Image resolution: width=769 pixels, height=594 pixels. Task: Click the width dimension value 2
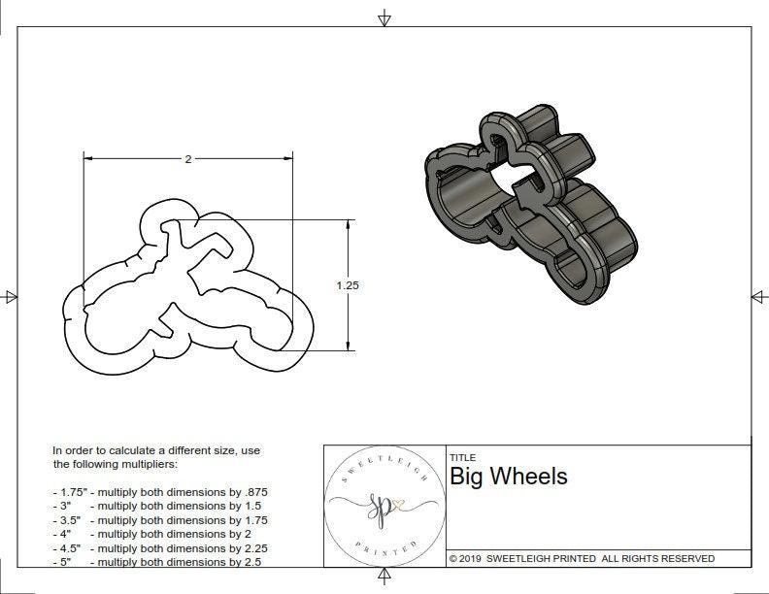click(x=187, y=159)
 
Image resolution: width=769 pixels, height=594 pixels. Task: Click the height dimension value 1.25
click(x=348, y=285)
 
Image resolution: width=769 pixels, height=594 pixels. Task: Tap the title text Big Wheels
click(x=508, y=477)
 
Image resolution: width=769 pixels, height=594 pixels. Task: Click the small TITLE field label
click(x=462, y=457)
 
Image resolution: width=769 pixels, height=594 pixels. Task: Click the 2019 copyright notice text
click(x=582, y=558)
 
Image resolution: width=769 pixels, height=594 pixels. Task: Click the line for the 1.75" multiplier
click(x=159, y=492)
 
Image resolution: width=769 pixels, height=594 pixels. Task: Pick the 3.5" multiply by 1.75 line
click(x=159, y=520)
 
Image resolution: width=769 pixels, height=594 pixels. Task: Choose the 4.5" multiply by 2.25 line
click(x=159, y=547)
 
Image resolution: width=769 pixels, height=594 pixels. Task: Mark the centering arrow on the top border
click(x=384, y=18)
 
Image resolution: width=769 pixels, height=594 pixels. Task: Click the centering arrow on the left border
click(x=11, y=296)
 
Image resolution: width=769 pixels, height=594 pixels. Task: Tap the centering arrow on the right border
click(x=757, y=296)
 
